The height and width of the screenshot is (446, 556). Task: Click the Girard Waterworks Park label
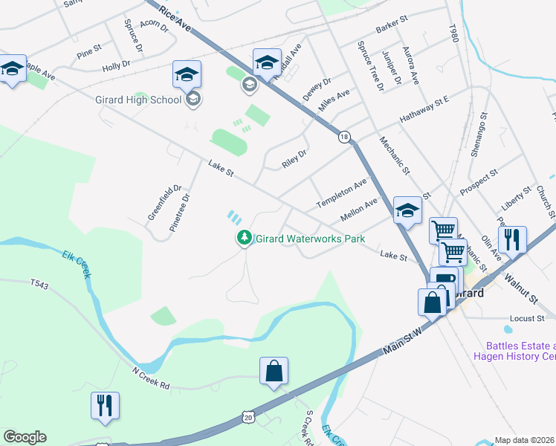[x=310, y=239]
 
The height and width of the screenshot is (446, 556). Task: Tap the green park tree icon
[x=242, y=239]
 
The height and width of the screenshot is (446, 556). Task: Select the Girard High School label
[x=138, y=100]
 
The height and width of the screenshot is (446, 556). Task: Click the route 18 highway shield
[x=344, y=137]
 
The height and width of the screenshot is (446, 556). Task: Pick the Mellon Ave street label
[x=359, y=209]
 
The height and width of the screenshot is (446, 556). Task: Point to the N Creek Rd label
[x=152, y=379]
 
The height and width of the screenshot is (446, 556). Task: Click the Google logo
[x=25, y=437]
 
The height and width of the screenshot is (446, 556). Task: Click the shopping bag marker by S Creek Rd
[x=274, y=370]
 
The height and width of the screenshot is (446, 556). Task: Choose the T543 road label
[x=39, y=283]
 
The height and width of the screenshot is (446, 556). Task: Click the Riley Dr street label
[x=294, y=158]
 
